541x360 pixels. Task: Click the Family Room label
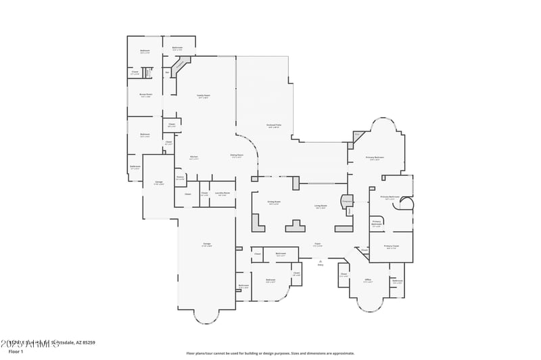coord(203,96)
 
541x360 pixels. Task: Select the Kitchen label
coord(193,157)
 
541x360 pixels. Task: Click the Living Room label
coord(321,206)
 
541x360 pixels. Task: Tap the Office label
coord(369,281)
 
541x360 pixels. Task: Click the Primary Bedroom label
coord(375,158)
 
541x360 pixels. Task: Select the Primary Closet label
coord(392,247)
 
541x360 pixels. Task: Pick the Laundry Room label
coord(222,194)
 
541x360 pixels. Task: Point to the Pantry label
coord(180,178)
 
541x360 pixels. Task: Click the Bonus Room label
coord(145,95)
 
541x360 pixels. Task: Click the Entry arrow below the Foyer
coord(321,263)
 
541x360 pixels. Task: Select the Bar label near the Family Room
coord(167,72)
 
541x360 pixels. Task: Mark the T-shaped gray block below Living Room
coord(295,225)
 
